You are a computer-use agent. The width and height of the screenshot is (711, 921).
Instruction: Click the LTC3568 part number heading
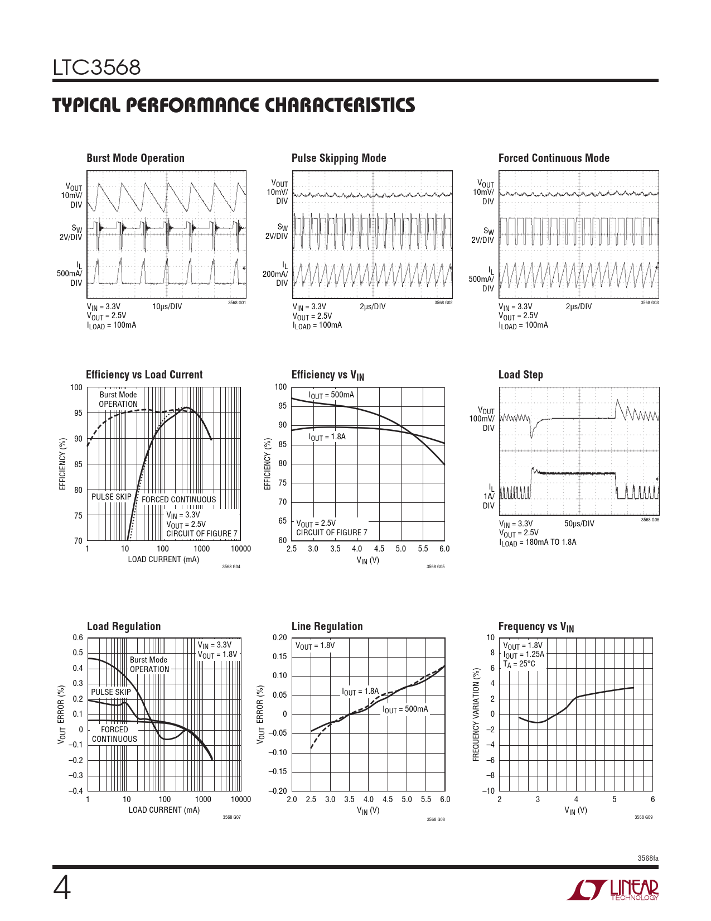(96, 68)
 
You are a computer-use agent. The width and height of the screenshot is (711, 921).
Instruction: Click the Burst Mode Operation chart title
(136, 158)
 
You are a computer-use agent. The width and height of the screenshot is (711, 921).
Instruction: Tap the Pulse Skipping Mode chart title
(339, 158)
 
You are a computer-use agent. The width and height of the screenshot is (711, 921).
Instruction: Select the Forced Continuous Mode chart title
(554, 158)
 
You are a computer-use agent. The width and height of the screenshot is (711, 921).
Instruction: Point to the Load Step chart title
(520, 375)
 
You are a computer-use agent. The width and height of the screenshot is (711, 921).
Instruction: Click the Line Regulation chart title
(327, 626)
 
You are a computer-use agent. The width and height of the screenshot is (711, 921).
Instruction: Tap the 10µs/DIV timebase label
(167, 306)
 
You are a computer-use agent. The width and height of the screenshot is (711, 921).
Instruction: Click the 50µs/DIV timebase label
(579, 524)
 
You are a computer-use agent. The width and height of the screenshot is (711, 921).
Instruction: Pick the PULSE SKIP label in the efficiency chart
(112, 497)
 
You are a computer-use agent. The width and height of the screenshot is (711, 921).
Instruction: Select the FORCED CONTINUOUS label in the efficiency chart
(178, 500)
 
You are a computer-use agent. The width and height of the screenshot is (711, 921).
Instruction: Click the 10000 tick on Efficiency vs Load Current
(241, 549)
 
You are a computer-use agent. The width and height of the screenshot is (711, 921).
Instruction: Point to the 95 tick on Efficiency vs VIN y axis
(282, 406)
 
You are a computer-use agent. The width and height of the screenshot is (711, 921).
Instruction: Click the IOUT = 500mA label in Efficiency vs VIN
(331, 395)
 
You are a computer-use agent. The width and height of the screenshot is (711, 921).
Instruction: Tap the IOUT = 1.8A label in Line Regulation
(360, 692)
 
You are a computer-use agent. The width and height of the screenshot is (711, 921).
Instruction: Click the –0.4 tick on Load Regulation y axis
(76, 791)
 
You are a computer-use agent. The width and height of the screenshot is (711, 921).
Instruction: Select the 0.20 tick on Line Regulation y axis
(279, 637)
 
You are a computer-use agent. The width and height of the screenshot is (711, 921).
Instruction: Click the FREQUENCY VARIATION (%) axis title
(476, 714)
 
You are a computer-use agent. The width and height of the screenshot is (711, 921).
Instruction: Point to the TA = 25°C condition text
(519, 664)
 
